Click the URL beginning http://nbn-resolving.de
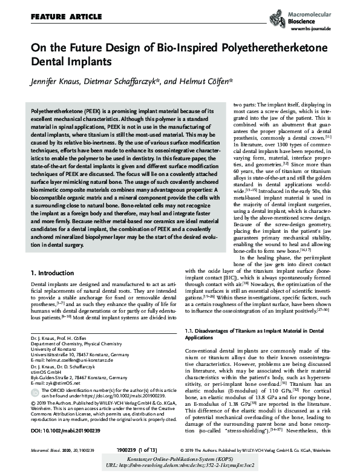click(180, 466)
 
